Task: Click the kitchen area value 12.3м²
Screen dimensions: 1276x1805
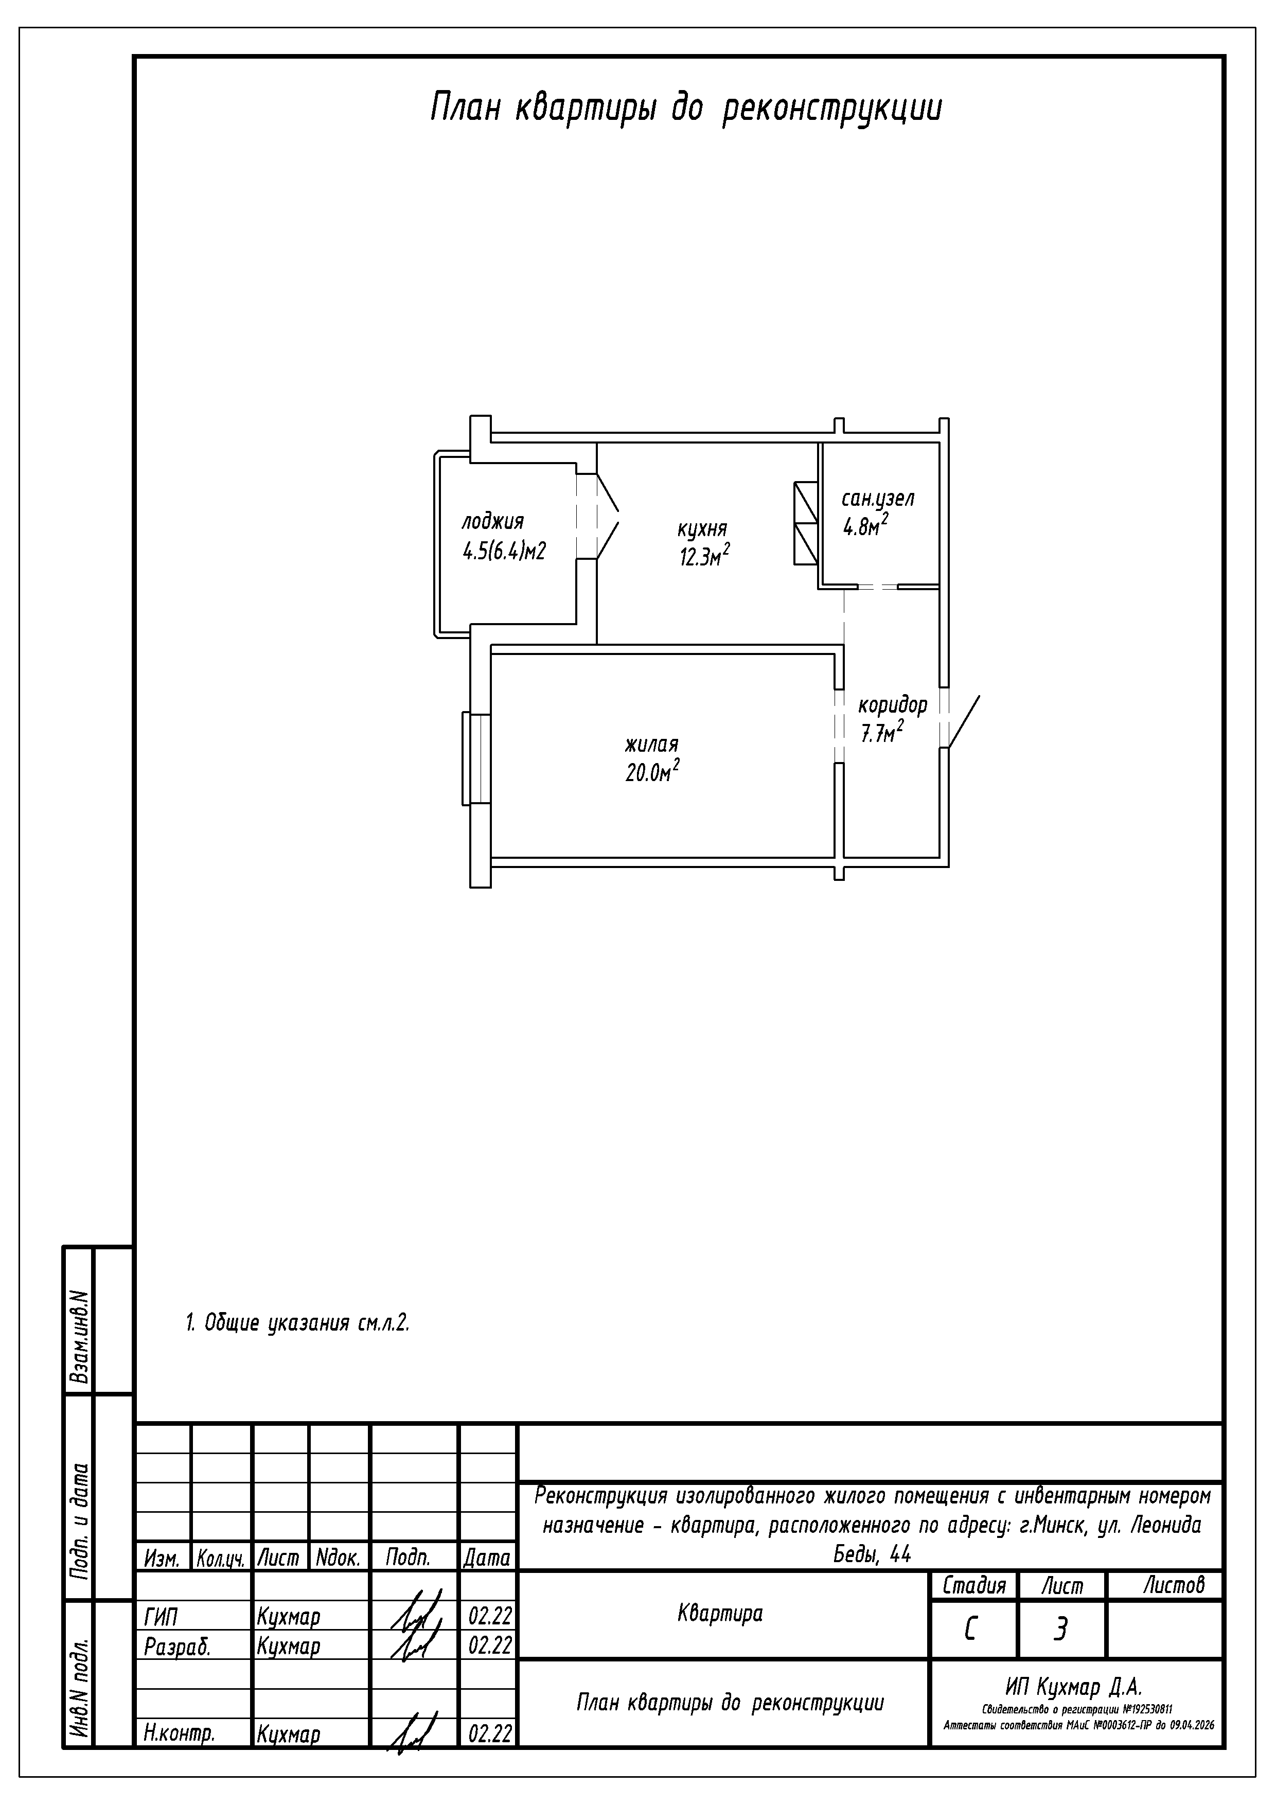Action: point(704,556)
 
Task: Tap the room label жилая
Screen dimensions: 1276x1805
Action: point(652,745)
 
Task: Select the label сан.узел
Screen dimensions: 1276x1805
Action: point(878,499)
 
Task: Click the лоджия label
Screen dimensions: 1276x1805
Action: point(492,523)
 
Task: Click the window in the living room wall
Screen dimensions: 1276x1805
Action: point(476,758)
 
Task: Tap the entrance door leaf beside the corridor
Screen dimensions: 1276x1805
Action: point(964,721)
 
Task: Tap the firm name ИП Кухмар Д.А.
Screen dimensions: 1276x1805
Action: point(1073,1687)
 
